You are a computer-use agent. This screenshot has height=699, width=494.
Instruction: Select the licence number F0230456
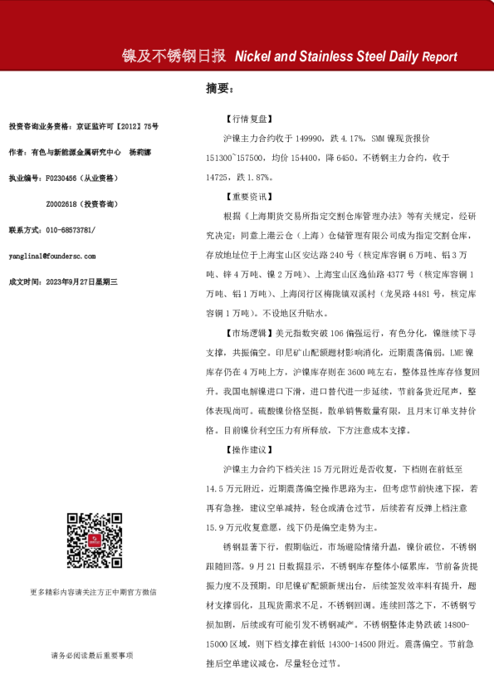[61, 178]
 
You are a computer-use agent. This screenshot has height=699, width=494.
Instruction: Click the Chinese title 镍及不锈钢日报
[174, 56]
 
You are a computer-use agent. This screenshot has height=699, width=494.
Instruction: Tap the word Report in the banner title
[439, 56]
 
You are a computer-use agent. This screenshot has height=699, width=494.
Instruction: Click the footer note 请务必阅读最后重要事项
[91, 655]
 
